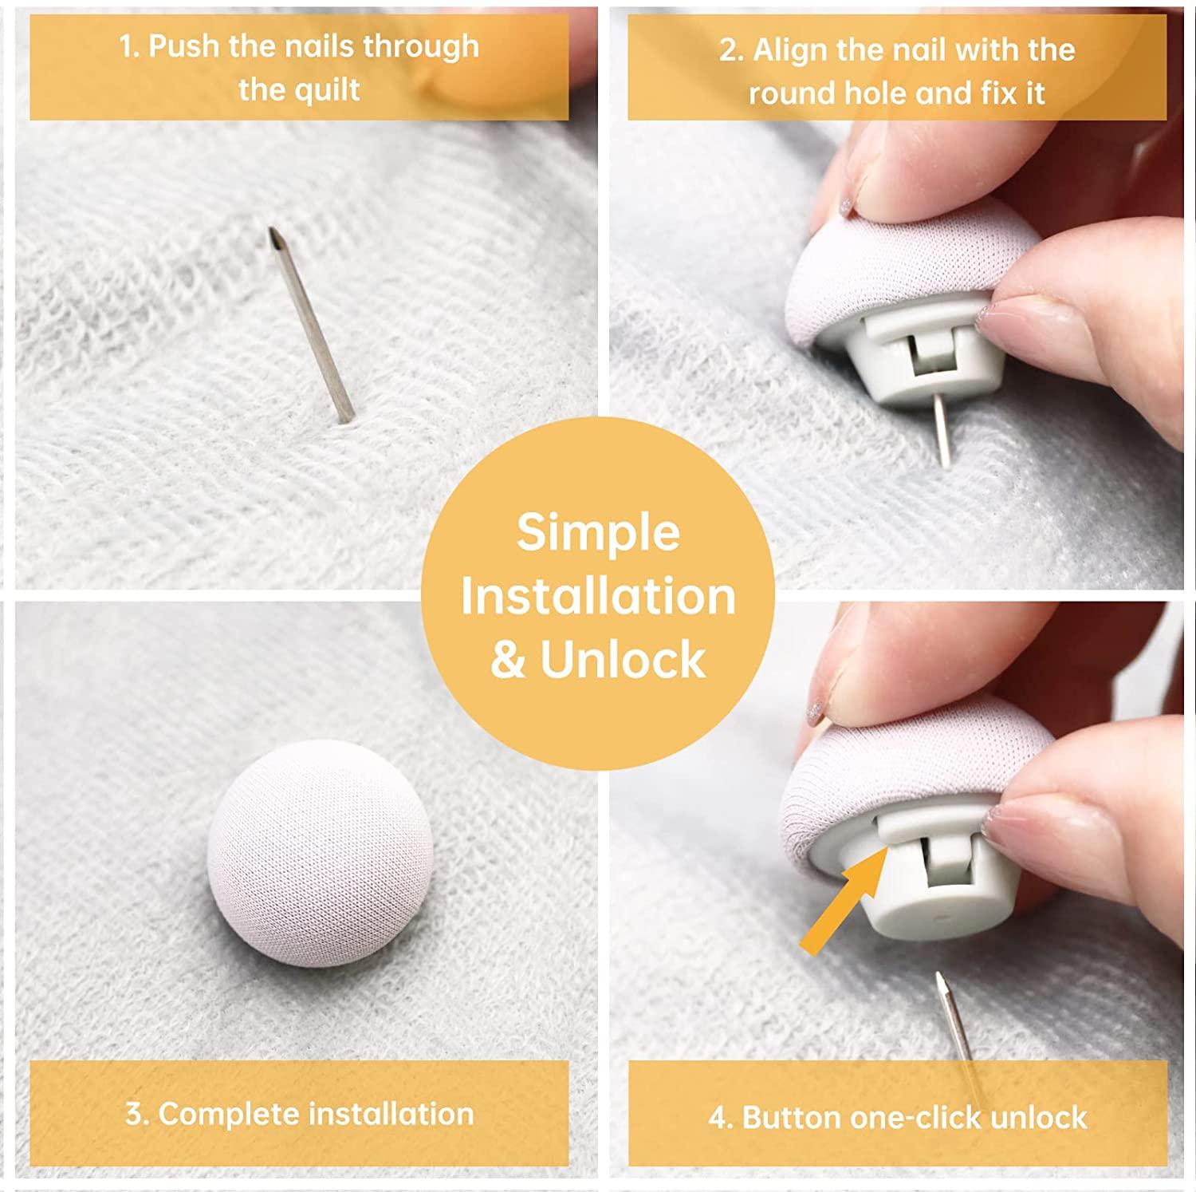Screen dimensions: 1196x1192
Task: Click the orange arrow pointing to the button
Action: pyautogui.click(x=845, y=900)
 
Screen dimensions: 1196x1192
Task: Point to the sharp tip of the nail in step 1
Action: pyautogui.click(x=271, y=228)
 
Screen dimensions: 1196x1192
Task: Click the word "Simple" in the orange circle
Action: pyautogui.click(x=598, y=532)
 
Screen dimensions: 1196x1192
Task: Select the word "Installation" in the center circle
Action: pyautogui.click(x=598, y=596)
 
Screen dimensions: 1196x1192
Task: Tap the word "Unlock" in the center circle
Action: pyautogui.click(x=623, y=660)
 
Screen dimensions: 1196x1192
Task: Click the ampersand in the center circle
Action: pyautogui.click(x=507, y=661)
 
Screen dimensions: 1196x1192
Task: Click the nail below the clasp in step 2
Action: pyautogui.click(x=942, y=431)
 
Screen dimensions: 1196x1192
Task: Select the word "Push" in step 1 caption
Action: pyautogui.click(x=184, y=46)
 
